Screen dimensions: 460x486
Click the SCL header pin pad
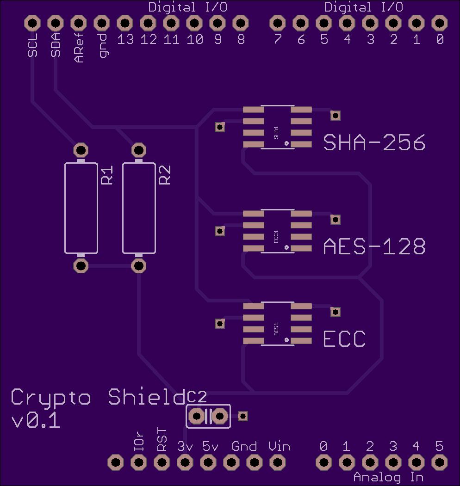point(32,23)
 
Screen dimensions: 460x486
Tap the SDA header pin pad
point(56,23)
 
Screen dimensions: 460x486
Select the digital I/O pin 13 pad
point(124,23)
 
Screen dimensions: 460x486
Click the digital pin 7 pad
point(277,23)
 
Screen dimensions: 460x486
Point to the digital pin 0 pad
point(439,23)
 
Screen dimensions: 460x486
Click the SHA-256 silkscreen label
point(374,142)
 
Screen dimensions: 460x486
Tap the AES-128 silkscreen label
point(374,246)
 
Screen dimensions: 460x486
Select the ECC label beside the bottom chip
point(344,339)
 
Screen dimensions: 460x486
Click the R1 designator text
point(107,175)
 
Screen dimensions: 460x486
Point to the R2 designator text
point(165,175)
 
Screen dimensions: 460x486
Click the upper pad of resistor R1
point(81,150)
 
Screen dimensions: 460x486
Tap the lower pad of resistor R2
point(139,265)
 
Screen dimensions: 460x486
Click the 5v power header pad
point(208,462)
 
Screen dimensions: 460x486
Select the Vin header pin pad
point(277,462)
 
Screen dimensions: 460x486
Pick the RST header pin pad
point(162,462)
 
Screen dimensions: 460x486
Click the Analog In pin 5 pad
point(439,462)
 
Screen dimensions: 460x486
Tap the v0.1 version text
point(36,421)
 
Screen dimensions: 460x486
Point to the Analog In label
point(388,477)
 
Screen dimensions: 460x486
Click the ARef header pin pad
point(79,23)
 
